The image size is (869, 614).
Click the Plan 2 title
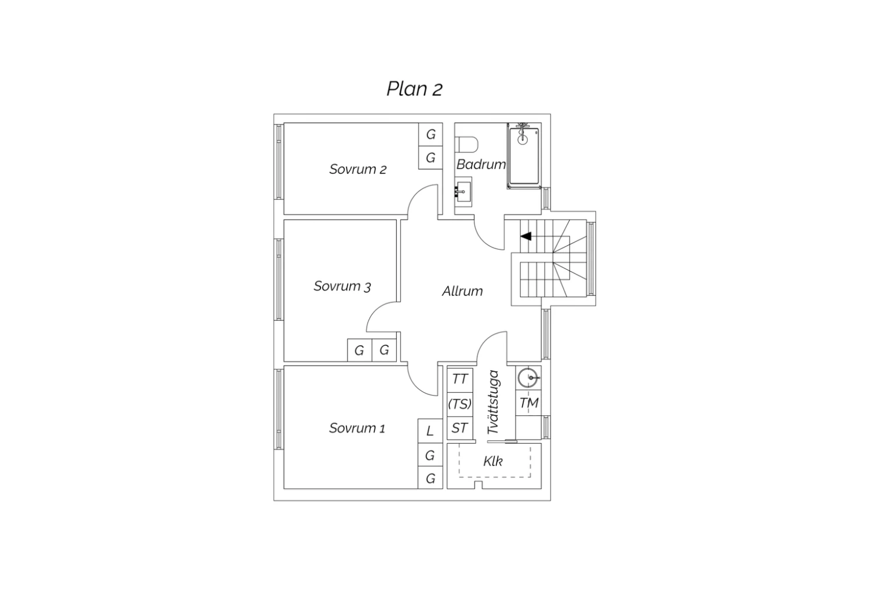tap(414, 89)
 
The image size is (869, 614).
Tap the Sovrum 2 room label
tap(357, 169)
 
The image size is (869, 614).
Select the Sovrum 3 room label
tap(342, 286)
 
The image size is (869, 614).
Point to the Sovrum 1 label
tap(357, 428)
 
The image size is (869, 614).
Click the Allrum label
tap(462, 291)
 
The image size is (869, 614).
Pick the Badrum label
tap(481, 165)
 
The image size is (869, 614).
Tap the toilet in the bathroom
tap(467, 144)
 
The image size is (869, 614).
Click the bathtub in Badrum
tap(524, 156)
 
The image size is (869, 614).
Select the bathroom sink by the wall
tap(463, 192)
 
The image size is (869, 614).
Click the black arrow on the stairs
tap(525, 236)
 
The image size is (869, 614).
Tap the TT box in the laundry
tap(460, 379)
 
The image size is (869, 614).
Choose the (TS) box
tap(460, 404)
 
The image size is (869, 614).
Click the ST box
tap(460, 428)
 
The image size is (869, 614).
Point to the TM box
tap(528, 403)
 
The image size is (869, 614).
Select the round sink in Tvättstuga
tap(528, 378)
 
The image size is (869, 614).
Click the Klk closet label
tap(493, 461)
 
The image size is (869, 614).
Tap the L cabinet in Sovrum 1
tap(430, 431)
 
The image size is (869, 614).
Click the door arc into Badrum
tap(484, 239)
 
